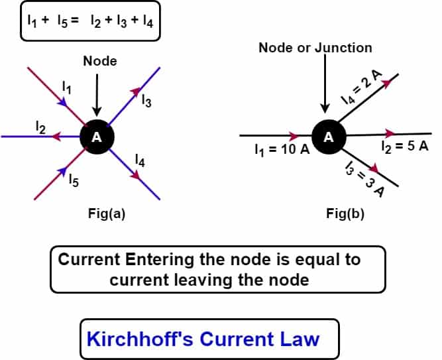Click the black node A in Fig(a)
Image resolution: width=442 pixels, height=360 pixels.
pyautogui.click(x=97, y=137)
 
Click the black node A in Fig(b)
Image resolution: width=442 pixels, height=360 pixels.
pyautogui.click(x=327, y=137)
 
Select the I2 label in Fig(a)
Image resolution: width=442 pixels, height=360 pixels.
pyautogui.click(x=40, y=127)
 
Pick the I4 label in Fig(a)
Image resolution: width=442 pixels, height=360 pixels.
pyautogui.click(x=140, y=160)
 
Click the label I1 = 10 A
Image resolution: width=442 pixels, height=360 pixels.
pyautogui.click(x=282, y=150)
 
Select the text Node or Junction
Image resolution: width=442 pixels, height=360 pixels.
pyautogui.click(x=315, y=48)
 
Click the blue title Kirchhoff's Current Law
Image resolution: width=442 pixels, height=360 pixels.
pyautogui.click(x=203, y=339)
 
